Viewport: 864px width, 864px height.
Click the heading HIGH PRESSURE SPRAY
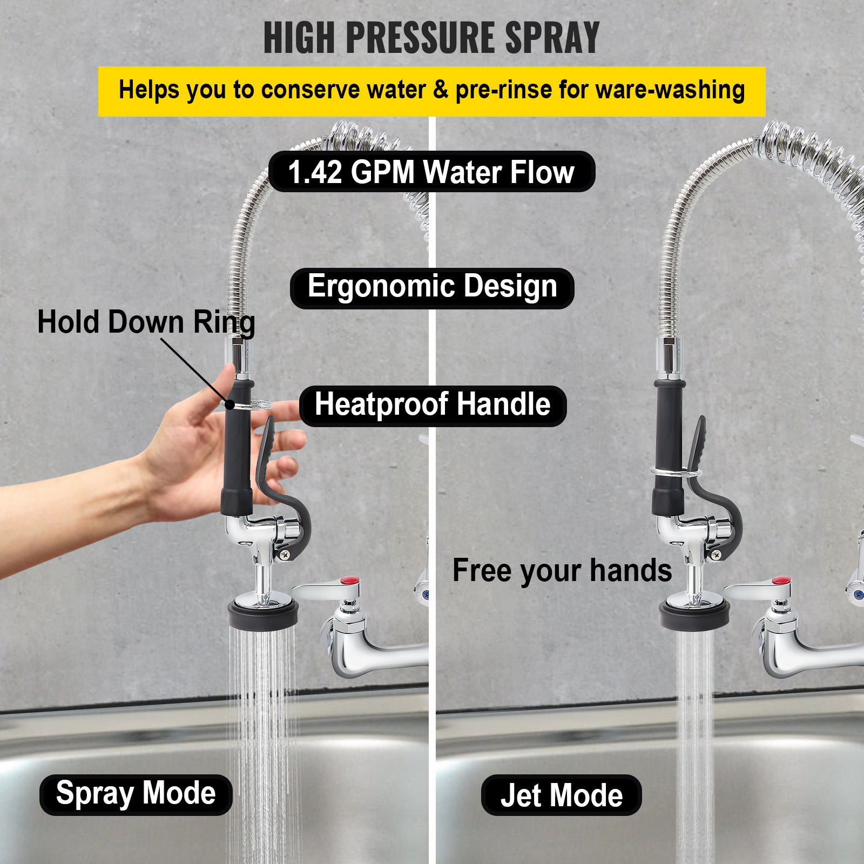pyautogui.click(x=431, y=38)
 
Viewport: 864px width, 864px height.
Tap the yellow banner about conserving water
pyautogui.click(x=431, y=91)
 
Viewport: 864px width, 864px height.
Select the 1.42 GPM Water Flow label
pyautogui.click(x=431, y=172)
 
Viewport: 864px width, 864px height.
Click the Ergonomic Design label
pyautogui.click(x=431, y=287)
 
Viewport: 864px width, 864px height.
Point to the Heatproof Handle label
pyautogui.click(x=433, y=406)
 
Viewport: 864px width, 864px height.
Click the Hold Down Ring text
pyautogui.click(x=146, y=322)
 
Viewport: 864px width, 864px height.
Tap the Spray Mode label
pyautogui.click(x=136, y=794)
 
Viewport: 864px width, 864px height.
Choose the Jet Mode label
pyautogui.click(x=561, y=795)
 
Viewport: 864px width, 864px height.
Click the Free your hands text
pyautogui.click(x=562, y=571)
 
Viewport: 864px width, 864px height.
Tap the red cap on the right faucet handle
pyautogui.click(x=781, y=581)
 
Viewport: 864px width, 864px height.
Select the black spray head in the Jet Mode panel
pyautogui.click(x=694, y=616)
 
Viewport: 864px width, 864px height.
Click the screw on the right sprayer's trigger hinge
pyautogui.click(x=717, y=554)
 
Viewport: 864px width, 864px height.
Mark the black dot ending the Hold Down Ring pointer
pyautogui.click(x=230, y=404)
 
